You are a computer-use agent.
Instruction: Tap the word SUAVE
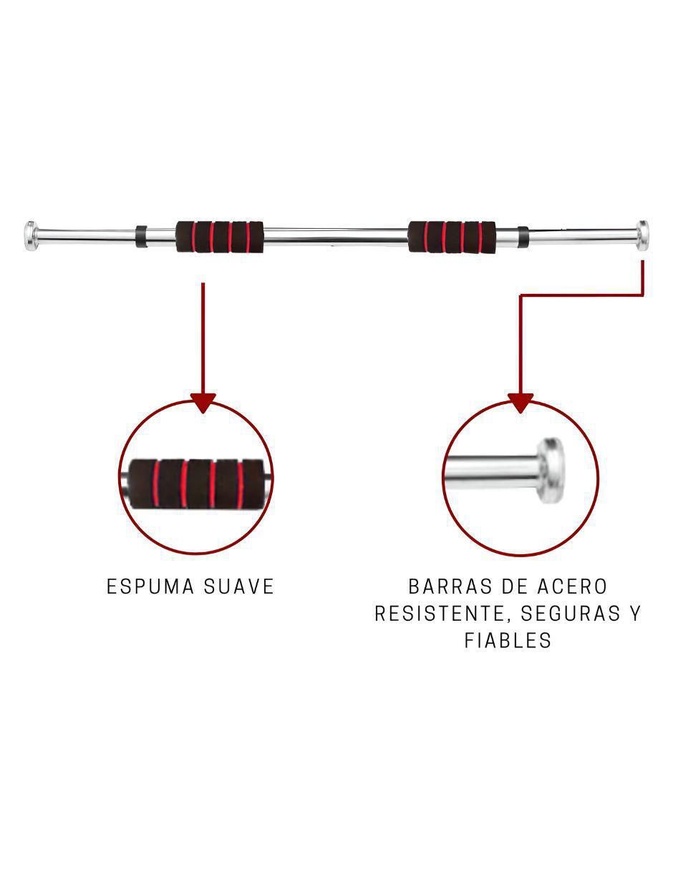[239, 587]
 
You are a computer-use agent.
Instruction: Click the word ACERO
[572, 587]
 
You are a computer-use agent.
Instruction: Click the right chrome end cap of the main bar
[641, 235]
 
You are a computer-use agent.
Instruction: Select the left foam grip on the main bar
[220, 237]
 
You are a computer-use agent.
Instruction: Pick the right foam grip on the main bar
[452, 237]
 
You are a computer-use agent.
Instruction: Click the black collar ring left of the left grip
[141, 236]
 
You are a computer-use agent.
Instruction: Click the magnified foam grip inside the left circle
[196, 484]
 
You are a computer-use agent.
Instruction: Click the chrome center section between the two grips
[336, 236]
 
